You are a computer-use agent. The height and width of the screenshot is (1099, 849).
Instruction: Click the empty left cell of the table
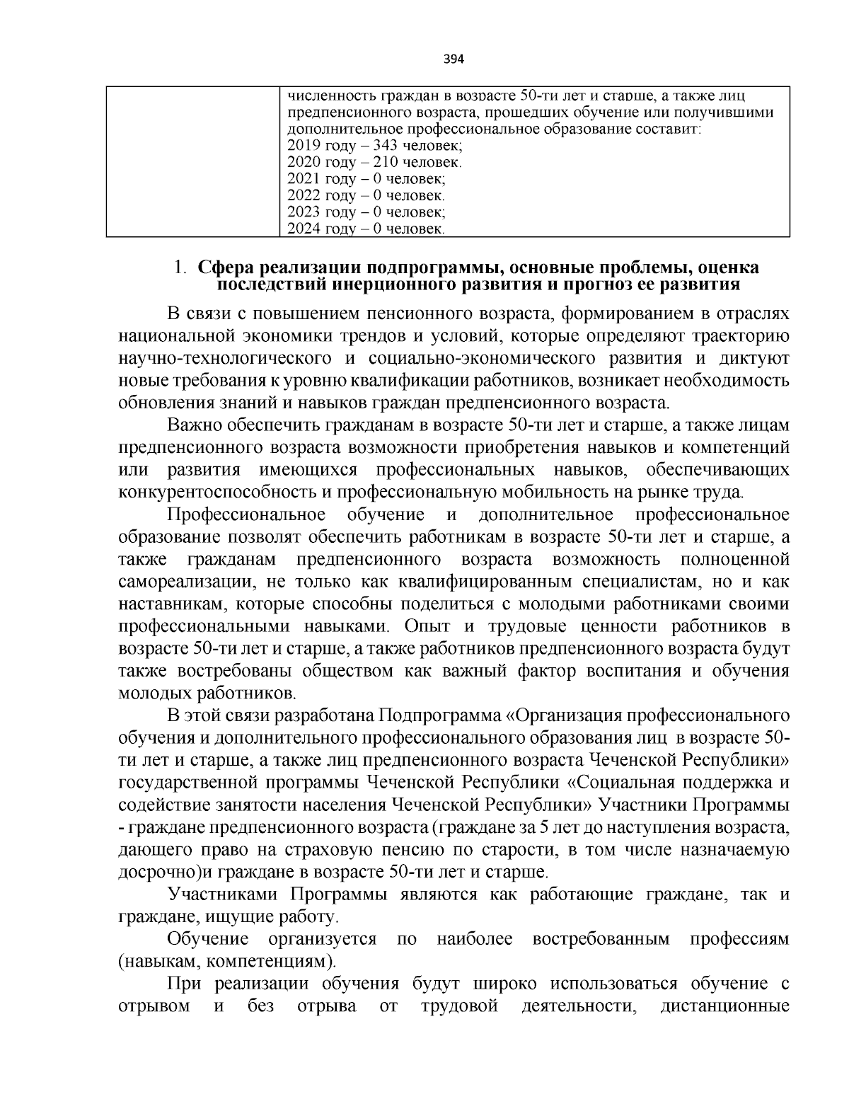[x=191, y=161]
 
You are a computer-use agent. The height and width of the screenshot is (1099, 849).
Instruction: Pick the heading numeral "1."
[x=180, y=268]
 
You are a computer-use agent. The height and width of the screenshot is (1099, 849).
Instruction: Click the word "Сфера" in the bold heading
[x=226, y=268]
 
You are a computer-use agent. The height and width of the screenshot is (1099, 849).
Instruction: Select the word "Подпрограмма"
[x=443, y=715]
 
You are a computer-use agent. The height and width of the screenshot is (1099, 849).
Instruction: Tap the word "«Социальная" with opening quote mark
[x=617, y=782]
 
